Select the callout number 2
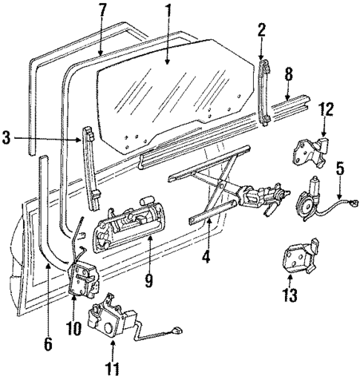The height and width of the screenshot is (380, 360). pos(261,31)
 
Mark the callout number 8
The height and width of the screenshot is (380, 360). pos(289,73)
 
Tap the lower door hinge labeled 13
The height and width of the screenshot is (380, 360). pos(298,257)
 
